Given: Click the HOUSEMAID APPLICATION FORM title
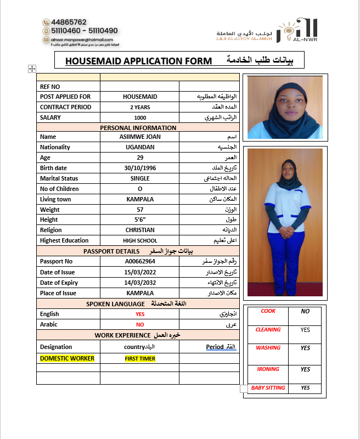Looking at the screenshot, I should coord(138,61).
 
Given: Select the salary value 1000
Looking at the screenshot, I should coord(140,117).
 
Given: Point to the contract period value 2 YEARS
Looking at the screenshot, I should coord(140,107).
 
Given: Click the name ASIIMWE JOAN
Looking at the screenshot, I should coord(140,137).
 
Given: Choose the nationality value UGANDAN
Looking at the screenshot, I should coord(140,147).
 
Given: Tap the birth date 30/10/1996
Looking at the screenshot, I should coord(140,168).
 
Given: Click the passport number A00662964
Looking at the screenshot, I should coord(140,261).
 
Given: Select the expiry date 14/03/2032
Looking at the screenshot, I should coord(140,283).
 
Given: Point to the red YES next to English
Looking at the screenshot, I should coord(140,314).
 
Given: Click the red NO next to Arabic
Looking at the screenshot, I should coord(140,325).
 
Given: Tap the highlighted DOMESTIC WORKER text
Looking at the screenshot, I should coord(67,358).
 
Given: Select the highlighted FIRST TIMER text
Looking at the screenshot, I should coord(140,358).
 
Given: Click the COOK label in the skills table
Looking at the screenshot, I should coord(268,311).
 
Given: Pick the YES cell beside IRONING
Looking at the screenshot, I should coord(306,370).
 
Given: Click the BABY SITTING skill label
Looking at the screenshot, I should coord(268,388).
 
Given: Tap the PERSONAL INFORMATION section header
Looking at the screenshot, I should coord(138,128).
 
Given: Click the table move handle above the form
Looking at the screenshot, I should coord(32,69).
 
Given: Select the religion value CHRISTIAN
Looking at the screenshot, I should coord(140,230).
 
